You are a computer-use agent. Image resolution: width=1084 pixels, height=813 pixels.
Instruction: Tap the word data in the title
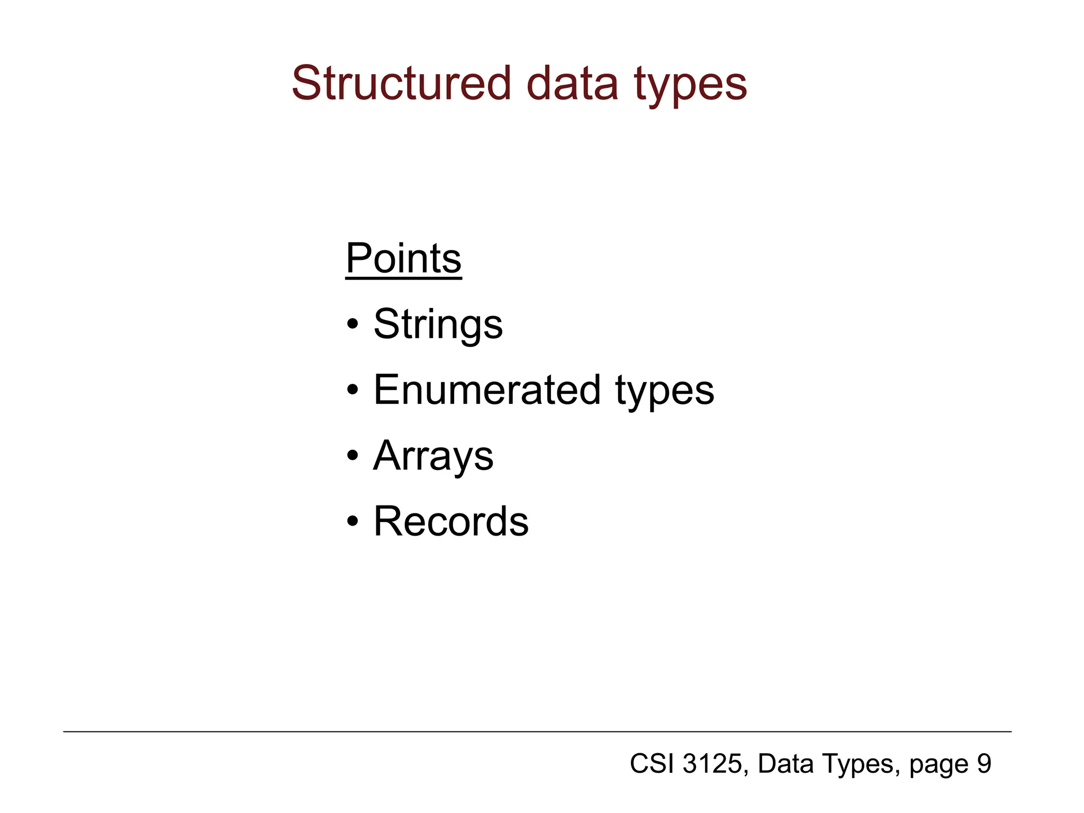click(x=572, y=83)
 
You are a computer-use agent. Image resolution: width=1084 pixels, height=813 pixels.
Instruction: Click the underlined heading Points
click(x=403, y=259)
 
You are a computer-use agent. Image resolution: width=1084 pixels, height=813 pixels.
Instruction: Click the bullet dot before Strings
click(x=353, y=325)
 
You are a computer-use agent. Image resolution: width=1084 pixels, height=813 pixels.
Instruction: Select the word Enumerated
click(x=487, y=390)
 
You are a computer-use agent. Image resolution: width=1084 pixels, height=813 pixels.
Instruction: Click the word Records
click(x=451, y=521)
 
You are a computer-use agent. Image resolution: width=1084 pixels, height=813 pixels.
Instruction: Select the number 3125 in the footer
click(x=712, y=764)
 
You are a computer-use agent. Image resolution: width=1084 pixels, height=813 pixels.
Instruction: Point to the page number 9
click(x=983, y=764)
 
